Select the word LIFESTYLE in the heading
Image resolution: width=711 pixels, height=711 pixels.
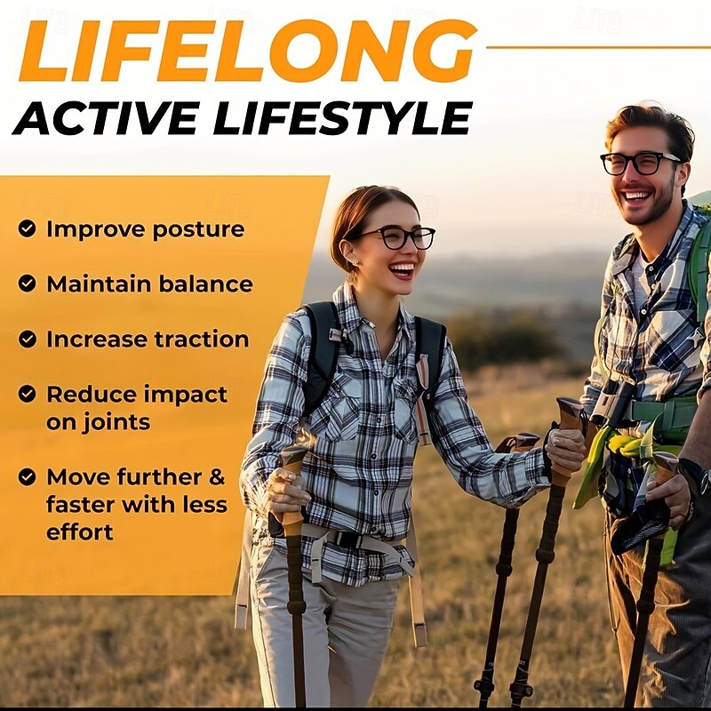(x=346, y=118)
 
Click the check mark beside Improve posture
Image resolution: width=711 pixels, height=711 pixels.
(x=28, y=228)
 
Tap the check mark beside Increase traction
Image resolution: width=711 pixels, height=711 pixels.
(x=28, y=339)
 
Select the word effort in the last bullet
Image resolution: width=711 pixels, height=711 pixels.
(x=80, y=531)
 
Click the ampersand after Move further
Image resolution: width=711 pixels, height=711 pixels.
(x=216, y=476)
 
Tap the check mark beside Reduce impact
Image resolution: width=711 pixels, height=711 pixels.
(x=28, y=393)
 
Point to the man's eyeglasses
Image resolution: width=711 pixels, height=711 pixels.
(x=640, y=163)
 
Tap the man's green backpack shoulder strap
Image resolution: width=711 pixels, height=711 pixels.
(x=699, y=267)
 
